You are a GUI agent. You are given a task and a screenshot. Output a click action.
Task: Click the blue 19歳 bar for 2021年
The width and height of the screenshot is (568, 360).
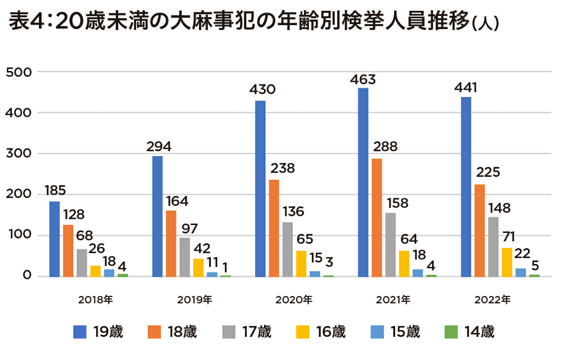(x=363, y=182)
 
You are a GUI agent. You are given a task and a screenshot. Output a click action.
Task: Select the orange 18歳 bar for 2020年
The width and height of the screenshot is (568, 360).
(x=274, y=228)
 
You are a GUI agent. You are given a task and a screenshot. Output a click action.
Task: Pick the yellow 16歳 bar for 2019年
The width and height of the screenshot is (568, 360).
(x=198, y=267)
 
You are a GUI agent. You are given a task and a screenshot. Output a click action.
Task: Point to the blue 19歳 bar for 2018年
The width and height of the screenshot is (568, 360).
(x=55, y=239)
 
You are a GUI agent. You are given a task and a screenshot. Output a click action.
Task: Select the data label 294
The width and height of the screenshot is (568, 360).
(x=159, y=147)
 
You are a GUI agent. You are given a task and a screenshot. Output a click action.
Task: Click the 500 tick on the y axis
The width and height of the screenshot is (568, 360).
(x=21, y=72)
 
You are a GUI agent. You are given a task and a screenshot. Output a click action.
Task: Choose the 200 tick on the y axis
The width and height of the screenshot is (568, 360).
(x=21, y=195)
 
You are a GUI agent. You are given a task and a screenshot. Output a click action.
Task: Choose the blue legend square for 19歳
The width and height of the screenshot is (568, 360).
(x=80, y=332)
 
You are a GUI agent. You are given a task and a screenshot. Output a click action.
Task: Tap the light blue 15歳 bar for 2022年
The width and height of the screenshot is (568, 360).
(x=520, y=272)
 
